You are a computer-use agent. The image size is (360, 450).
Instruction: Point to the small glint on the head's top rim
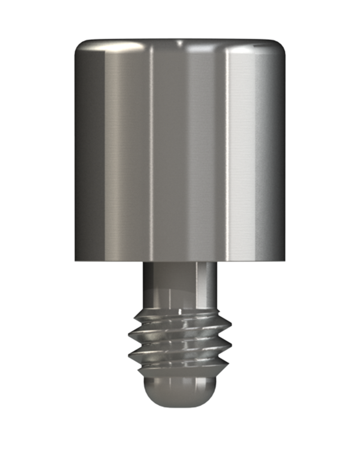coord(179,43)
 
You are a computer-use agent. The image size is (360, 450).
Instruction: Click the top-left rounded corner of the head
coord(80,46)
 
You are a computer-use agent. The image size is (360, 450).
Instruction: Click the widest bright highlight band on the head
coord(242,149)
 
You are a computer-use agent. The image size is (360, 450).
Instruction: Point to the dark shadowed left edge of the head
coord(81,149)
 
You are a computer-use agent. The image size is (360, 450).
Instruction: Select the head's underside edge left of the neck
coord(110,261)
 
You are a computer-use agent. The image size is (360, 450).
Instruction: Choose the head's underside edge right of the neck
coord(251,261)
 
